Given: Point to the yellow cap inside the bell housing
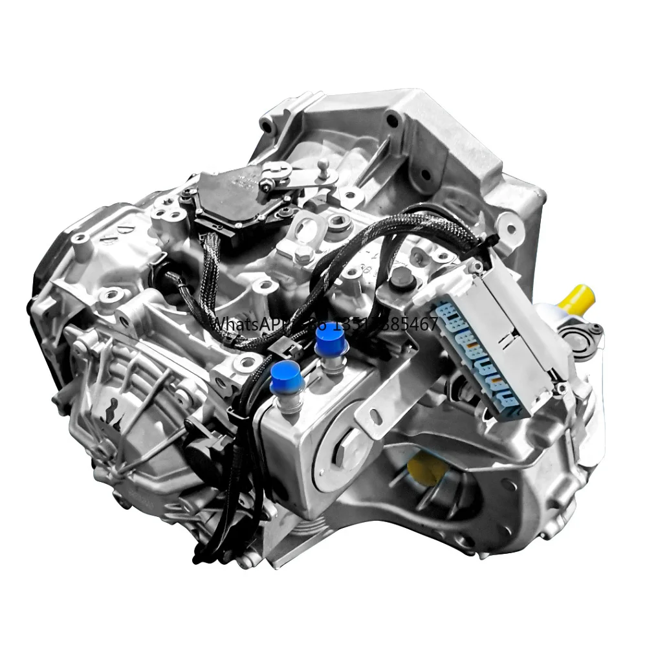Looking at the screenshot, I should (x=428, y=465).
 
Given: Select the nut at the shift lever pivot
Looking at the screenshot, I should (x=266, y=186).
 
